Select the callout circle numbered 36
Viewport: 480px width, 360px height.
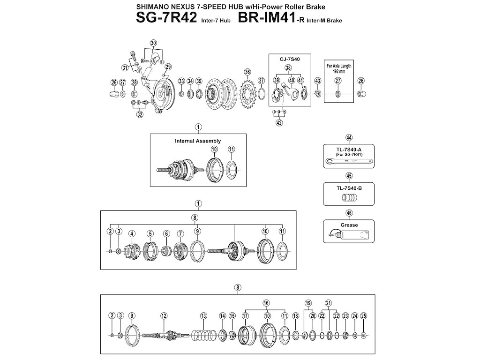click(247, 72)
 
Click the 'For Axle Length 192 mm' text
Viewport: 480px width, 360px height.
click(338, 69)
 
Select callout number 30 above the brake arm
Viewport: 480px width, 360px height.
click(153, 43)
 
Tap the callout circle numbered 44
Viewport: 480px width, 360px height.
click(349, 137)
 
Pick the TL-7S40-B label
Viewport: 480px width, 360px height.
click(349, 187)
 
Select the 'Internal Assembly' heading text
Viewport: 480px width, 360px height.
click(198, 141)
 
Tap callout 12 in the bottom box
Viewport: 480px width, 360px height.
click(164, 315)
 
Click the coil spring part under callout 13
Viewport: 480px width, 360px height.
click(203, 335)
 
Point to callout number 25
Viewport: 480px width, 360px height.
click(364, 315)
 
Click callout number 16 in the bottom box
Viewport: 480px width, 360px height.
click(266, 303)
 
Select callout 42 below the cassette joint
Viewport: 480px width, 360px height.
click(279, 123)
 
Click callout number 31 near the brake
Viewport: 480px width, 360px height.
click(125, 68)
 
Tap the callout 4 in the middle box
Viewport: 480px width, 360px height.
click(132, 233)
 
